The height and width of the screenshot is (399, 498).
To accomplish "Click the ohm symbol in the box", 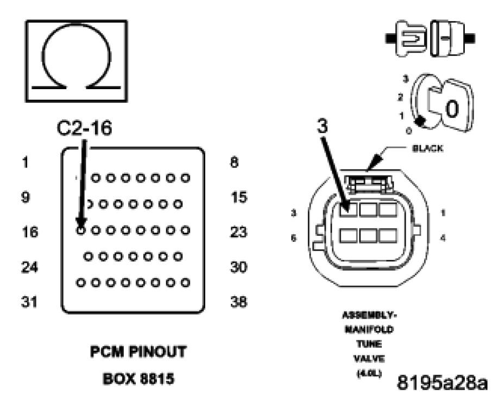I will click(x=77, y=60).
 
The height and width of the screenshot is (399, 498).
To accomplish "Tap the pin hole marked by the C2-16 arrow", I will click(x=80, y=230).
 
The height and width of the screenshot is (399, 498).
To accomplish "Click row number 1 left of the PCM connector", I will click(x=26, y=162).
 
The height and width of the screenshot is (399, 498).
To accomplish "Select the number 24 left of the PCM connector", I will click(x=29, y=267).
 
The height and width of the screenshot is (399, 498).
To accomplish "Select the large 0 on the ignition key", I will click(x=452, y=110).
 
